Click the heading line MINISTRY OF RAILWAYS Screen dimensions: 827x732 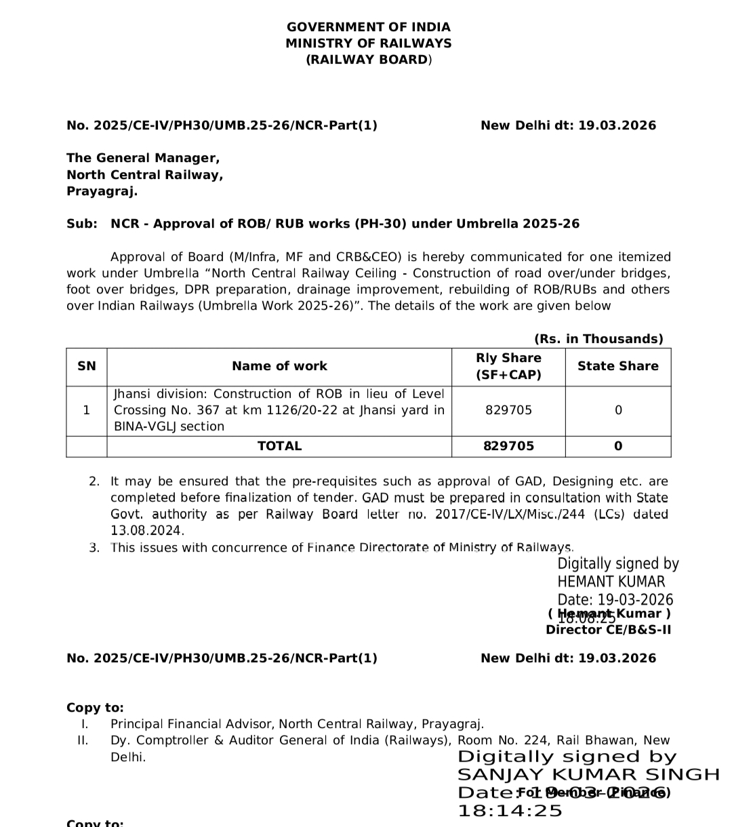(368, 43)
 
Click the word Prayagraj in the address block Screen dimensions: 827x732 (101, 191)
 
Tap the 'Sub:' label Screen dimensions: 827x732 (81, 224)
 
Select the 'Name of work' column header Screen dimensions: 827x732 (279, 366)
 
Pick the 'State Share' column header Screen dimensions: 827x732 (617, 366)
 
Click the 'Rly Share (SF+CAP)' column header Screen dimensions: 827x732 (508, 366)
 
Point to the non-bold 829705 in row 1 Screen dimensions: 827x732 (508, 410)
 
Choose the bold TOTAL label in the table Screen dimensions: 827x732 (279, 446)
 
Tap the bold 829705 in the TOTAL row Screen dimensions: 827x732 (508, 446)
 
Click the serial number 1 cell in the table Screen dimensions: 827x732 (86, 410)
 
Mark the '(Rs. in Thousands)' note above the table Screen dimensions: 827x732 (598, 339)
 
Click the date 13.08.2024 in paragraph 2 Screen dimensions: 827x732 (147, 531)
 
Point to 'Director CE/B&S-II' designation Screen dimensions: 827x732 (608, 630)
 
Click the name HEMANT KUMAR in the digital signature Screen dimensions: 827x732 (611, 582)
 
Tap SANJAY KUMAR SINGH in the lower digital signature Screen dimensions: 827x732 (588, 775)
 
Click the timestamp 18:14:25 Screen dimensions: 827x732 (510, 811)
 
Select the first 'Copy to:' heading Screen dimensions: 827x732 (95, 708)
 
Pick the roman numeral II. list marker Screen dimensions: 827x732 (83, 740)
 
